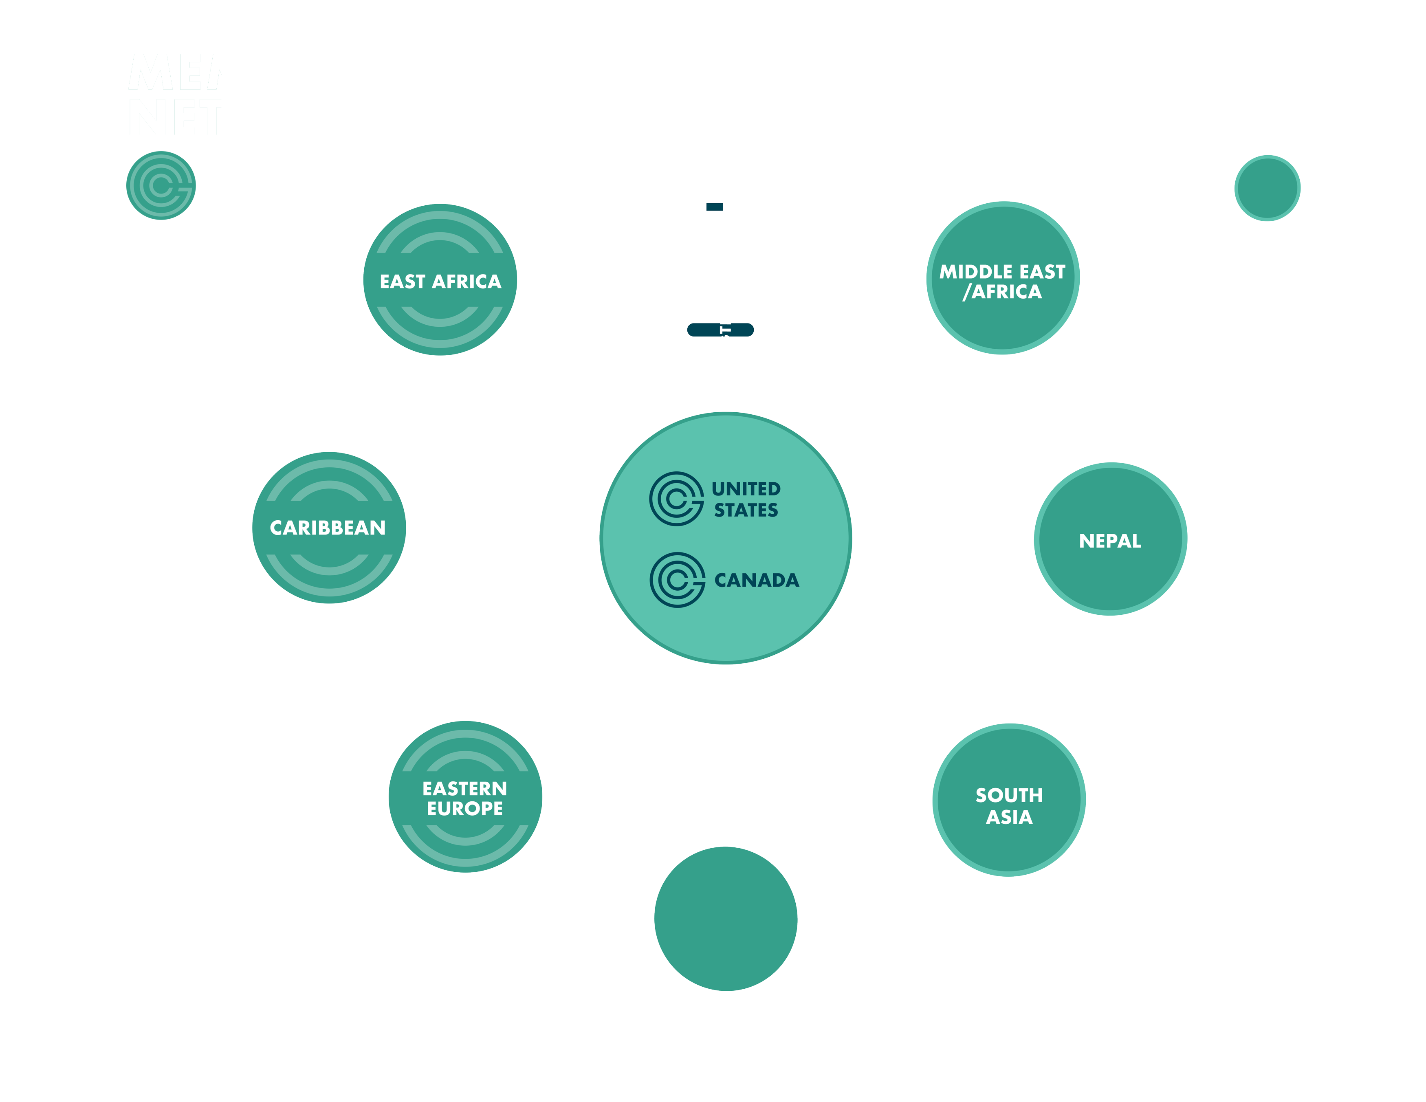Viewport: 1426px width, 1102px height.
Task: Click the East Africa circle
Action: point(440,280)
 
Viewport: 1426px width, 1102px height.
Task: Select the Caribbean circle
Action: point(328,528)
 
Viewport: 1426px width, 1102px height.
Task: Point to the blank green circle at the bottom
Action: point(725,919)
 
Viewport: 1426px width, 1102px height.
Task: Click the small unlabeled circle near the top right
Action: point(1267,188)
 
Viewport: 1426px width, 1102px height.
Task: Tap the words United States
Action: point(746,499)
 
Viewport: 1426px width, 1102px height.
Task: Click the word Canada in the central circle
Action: point(757,580)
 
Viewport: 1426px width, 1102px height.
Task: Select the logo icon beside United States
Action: point(676,499)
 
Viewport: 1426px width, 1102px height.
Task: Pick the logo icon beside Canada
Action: point(677,580)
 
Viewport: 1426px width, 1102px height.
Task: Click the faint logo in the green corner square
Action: point(161,185)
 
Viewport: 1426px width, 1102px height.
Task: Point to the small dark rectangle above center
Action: point(714,207)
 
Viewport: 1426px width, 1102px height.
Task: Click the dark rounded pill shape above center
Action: point(720,330)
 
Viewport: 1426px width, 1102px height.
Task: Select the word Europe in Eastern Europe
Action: point(465,808)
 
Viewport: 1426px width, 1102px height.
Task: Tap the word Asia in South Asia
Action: point(1009,817)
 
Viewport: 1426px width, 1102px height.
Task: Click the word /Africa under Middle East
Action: point(1002,292)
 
